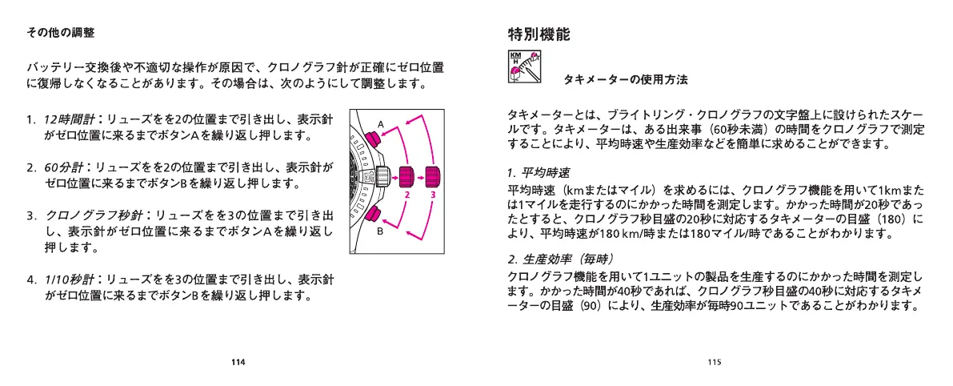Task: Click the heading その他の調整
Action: tap(61, 33)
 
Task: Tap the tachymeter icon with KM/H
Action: tap(525, 66)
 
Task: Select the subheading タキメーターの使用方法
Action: tap(626, 80)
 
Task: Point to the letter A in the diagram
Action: tap(382, 123)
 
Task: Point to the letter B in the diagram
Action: tap(382, 231)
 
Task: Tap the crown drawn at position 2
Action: tap(406, 175)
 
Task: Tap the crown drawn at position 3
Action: tap(433, 175)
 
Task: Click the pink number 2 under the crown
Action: tap(406, 195)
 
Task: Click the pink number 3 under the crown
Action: tap(433, 195)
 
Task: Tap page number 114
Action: tap(238, 361)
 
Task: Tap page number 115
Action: tap(715, 361)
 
